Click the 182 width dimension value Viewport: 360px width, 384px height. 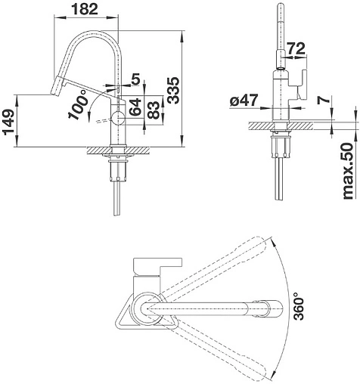coord(85,9)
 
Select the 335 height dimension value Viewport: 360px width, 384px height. coord(173,91)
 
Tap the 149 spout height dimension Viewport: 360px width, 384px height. coord(10,122)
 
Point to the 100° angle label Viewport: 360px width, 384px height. coord(78,104)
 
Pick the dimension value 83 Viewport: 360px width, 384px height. coord(154,110)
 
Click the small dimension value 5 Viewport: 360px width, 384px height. coord(135,79)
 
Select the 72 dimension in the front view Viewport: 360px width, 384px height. coord(296,48)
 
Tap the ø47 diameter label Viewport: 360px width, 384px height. coord(244,101)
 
